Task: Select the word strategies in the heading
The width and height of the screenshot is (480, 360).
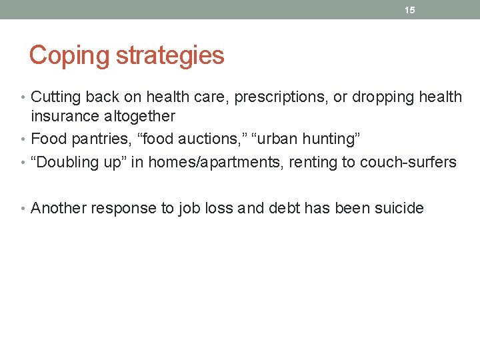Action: click(x=170, y=55)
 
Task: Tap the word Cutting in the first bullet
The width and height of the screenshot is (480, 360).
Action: click(x=55, y=97)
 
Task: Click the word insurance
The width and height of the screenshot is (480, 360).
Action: click(x=64, y=117)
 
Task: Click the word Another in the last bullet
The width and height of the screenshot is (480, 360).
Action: click(x=59, y=209)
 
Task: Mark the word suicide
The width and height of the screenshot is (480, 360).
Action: click(x=399, y=209)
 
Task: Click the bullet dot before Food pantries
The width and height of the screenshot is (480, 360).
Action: click(x=25, y=139)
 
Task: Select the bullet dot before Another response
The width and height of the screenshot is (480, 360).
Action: click(x=25, y=209)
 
